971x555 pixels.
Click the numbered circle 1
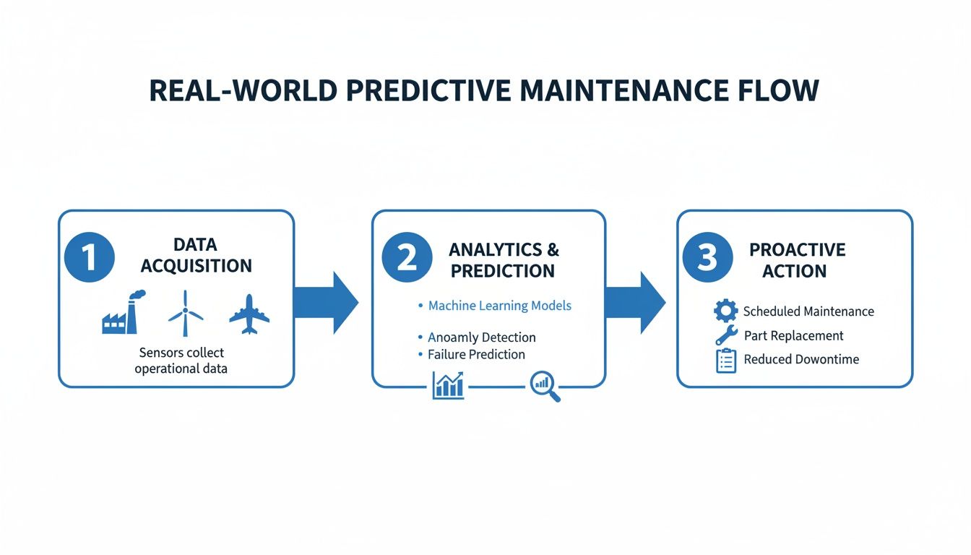click(x=90, y=257)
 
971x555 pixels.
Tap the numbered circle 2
click(x=407, y=257)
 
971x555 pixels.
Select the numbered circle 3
click(x=707, y=257)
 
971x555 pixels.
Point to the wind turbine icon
click(x=186, y=312)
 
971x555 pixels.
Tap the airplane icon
click(x=249, y=314)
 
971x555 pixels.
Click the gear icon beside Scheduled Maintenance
click(x=725, y=311)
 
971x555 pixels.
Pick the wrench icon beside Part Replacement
click(x=725, y=335)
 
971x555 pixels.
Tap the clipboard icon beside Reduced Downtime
click(x=725, y=360)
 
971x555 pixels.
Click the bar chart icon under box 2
click(x=448, y=385)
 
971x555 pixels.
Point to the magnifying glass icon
click(x=544, y=386)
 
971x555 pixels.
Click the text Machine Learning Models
click(x=499, y=306)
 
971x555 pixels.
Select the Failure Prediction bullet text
click(x=475, y=354)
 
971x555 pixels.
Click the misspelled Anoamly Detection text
click(x=481, y=337)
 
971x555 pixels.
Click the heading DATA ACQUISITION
click(x=196, y=255)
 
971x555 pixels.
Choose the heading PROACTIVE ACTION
click(x=797, y=260)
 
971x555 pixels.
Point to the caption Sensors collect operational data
click(x=181, y=361)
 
